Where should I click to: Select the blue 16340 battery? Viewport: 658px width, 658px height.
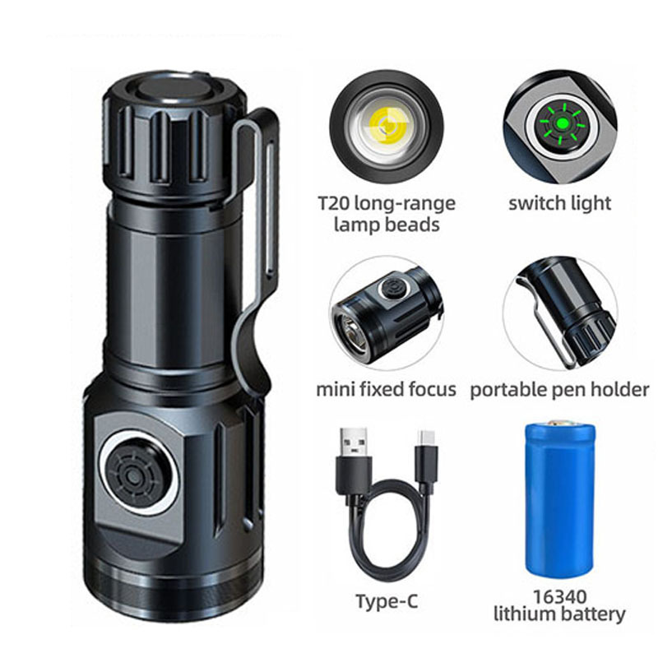coord(559,498)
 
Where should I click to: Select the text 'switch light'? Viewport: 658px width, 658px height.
coord(561,203)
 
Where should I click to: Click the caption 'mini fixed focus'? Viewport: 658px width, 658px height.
coord(386,389)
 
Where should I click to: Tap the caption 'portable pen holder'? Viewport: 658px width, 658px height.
coord(559,389)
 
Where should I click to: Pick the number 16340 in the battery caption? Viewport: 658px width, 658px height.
coord(559,595)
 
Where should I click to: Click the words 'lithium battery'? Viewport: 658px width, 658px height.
coord(559,614)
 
